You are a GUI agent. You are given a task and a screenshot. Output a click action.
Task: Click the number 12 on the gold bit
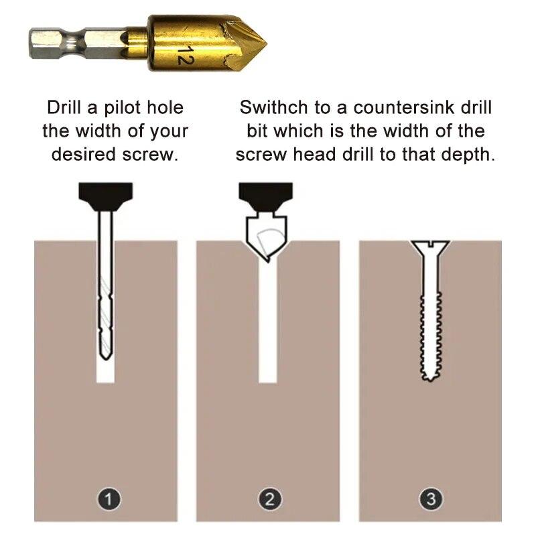(x=182, y=54)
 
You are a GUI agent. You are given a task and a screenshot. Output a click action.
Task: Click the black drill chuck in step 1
(x=106, y=194)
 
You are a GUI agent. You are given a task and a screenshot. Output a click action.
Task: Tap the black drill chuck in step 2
(x=267, y=194)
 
